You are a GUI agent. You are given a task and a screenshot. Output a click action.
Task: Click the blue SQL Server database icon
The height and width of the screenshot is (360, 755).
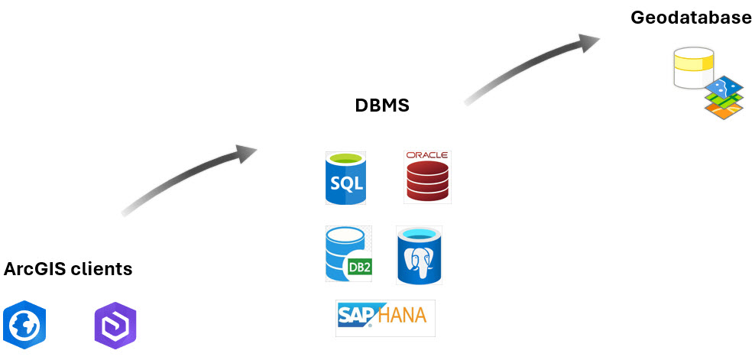tap(345, 178)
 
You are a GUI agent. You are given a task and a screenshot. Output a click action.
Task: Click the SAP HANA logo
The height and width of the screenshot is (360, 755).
tap(385, 317)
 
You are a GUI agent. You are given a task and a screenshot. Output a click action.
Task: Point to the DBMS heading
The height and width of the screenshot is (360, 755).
tap(382, 105)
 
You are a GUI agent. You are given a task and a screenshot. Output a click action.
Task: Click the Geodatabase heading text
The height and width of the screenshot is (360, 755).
tap(691, 18)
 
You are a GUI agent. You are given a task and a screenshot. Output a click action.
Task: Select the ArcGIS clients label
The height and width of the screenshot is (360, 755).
tap(68, 269)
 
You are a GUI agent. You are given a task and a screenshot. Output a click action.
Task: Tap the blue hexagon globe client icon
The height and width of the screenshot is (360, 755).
tap(24, 324)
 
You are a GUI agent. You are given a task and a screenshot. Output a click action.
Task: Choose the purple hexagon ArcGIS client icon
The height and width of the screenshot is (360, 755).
tap(115, 325)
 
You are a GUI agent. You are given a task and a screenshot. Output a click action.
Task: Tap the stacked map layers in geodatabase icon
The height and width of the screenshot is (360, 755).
tap(723, 97)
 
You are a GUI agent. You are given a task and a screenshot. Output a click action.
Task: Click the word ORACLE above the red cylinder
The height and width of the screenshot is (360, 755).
tap(427, 155)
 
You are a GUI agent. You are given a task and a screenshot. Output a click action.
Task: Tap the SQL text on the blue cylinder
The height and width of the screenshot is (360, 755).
tap(345, 184)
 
